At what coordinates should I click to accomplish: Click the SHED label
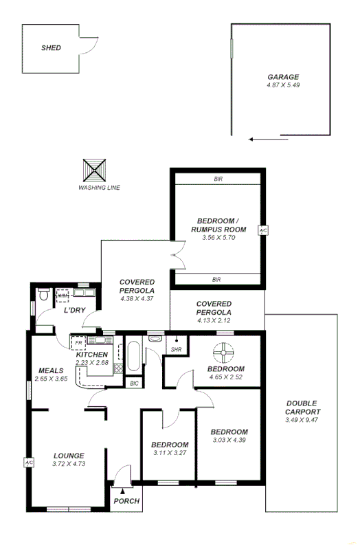point(51,48)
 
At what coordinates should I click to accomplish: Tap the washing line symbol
point(95,170)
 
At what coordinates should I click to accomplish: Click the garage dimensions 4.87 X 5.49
point(284,85)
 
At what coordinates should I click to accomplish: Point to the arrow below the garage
point(269,140)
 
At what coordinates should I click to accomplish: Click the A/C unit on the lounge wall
point(29,463)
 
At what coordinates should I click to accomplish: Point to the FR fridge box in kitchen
point(78,342)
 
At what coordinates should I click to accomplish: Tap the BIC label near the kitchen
point(133,383)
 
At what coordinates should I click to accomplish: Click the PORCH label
point(126,501)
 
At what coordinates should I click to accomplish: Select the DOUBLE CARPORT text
point(302,408)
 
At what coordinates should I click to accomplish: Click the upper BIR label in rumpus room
point(217,179)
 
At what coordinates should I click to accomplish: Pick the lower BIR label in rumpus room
point(216,279)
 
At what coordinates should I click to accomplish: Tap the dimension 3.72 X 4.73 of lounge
point(68,464)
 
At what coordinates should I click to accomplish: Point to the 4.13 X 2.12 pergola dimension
point(214,320)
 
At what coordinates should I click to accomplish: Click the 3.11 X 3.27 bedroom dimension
point(170,453)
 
